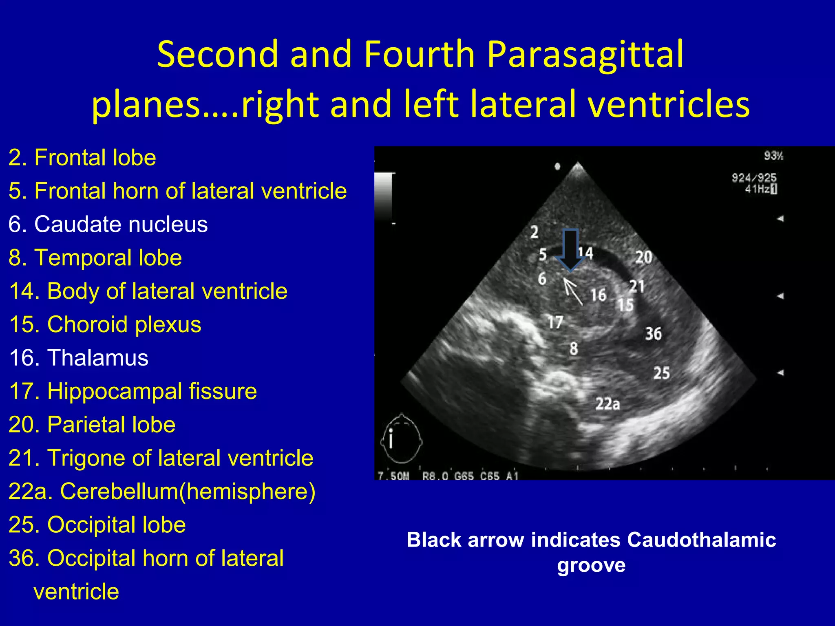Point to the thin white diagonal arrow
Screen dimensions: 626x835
573,291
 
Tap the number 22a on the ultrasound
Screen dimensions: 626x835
607,404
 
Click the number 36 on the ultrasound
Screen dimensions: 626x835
653,333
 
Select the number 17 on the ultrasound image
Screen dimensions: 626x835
555,322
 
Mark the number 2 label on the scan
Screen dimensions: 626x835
534,232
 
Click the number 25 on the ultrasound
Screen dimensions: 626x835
661,373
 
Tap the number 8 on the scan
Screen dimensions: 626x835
574,348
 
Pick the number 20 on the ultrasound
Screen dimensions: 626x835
643,257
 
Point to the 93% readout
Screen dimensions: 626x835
773,156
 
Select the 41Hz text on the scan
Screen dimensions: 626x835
758,189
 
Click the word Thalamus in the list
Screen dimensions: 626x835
98,358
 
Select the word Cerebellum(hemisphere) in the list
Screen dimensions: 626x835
188,491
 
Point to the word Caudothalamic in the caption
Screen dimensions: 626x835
701,540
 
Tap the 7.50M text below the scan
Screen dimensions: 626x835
393,476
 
